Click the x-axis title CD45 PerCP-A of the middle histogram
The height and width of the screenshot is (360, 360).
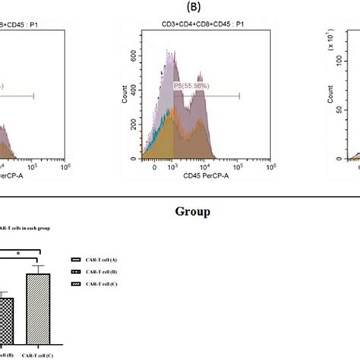(x=196, y=177)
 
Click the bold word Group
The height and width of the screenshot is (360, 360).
(x=180, y=212)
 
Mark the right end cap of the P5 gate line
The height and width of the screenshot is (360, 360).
(x=240, y=96)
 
